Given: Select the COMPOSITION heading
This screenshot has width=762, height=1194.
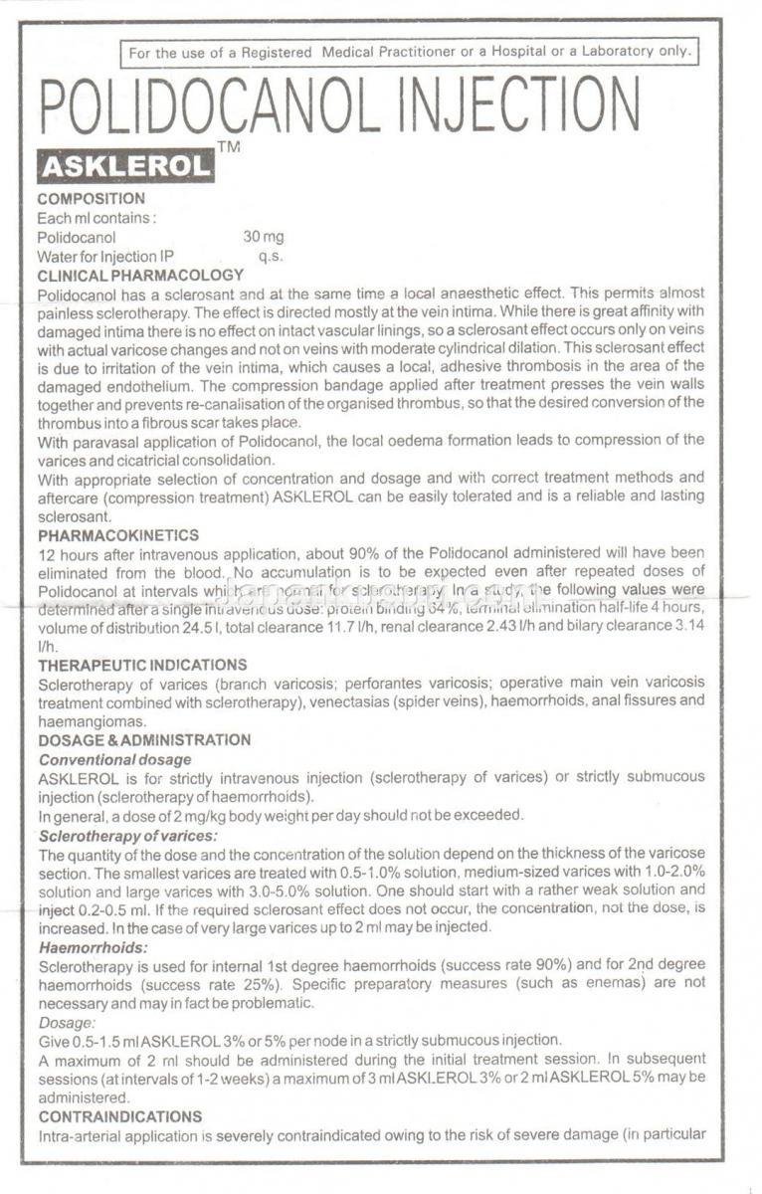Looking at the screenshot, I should pyautogui.click(x=91, y=199).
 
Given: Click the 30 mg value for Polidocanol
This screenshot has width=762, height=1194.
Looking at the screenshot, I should pyautogui.click(x=263, y=237).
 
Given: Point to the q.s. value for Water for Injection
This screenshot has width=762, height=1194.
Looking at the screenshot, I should pyautogui.click(x=271, y=256).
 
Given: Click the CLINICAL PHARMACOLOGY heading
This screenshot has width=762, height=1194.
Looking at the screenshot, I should pyautogui.click(x=140, y=275).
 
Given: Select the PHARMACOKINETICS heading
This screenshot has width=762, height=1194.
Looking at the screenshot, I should pyautogui.click(x=118, y=534).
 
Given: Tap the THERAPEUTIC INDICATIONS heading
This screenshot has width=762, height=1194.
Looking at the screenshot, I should pyautogui.click(x=142, y=665).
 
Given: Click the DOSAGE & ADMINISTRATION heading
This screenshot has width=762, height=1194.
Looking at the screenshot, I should pyautogui.click(x=144, y=740).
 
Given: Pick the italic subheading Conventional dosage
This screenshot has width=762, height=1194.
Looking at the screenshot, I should pyautogui.click(x=114, y=759).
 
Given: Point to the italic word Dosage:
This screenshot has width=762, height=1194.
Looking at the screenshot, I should pyautogui.click(x=68, y=1023).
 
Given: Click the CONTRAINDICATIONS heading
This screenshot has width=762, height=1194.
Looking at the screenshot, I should pyautogui.click(x=120, y=1116).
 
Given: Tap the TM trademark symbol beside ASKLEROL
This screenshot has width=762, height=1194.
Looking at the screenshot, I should pyautogui.click(x=228, y=147).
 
